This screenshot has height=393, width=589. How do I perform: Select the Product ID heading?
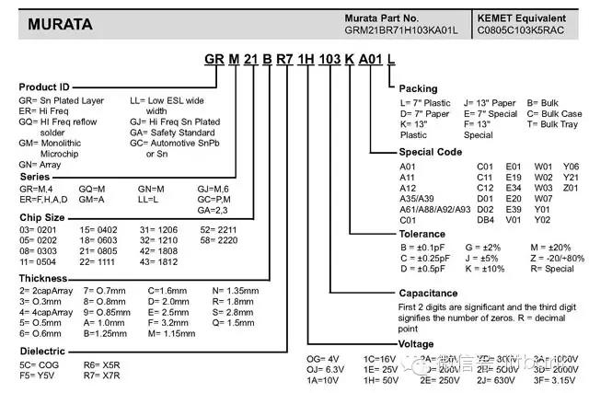coord(44,87)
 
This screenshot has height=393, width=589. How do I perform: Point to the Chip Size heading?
coord(42,216)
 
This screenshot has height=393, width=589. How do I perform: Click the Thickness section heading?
coord(42,276)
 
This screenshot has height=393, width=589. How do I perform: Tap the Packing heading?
coord(418,88)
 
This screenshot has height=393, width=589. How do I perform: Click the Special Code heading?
coord(430,151)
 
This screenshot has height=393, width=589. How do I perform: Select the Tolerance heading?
coord(423,234)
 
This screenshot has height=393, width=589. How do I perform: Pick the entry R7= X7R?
coord(101,376)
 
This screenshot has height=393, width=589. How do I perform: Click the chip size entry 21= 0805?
coord(100,250)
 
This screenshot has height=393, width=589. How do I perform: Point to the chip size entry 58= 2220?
coord(218,238)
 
